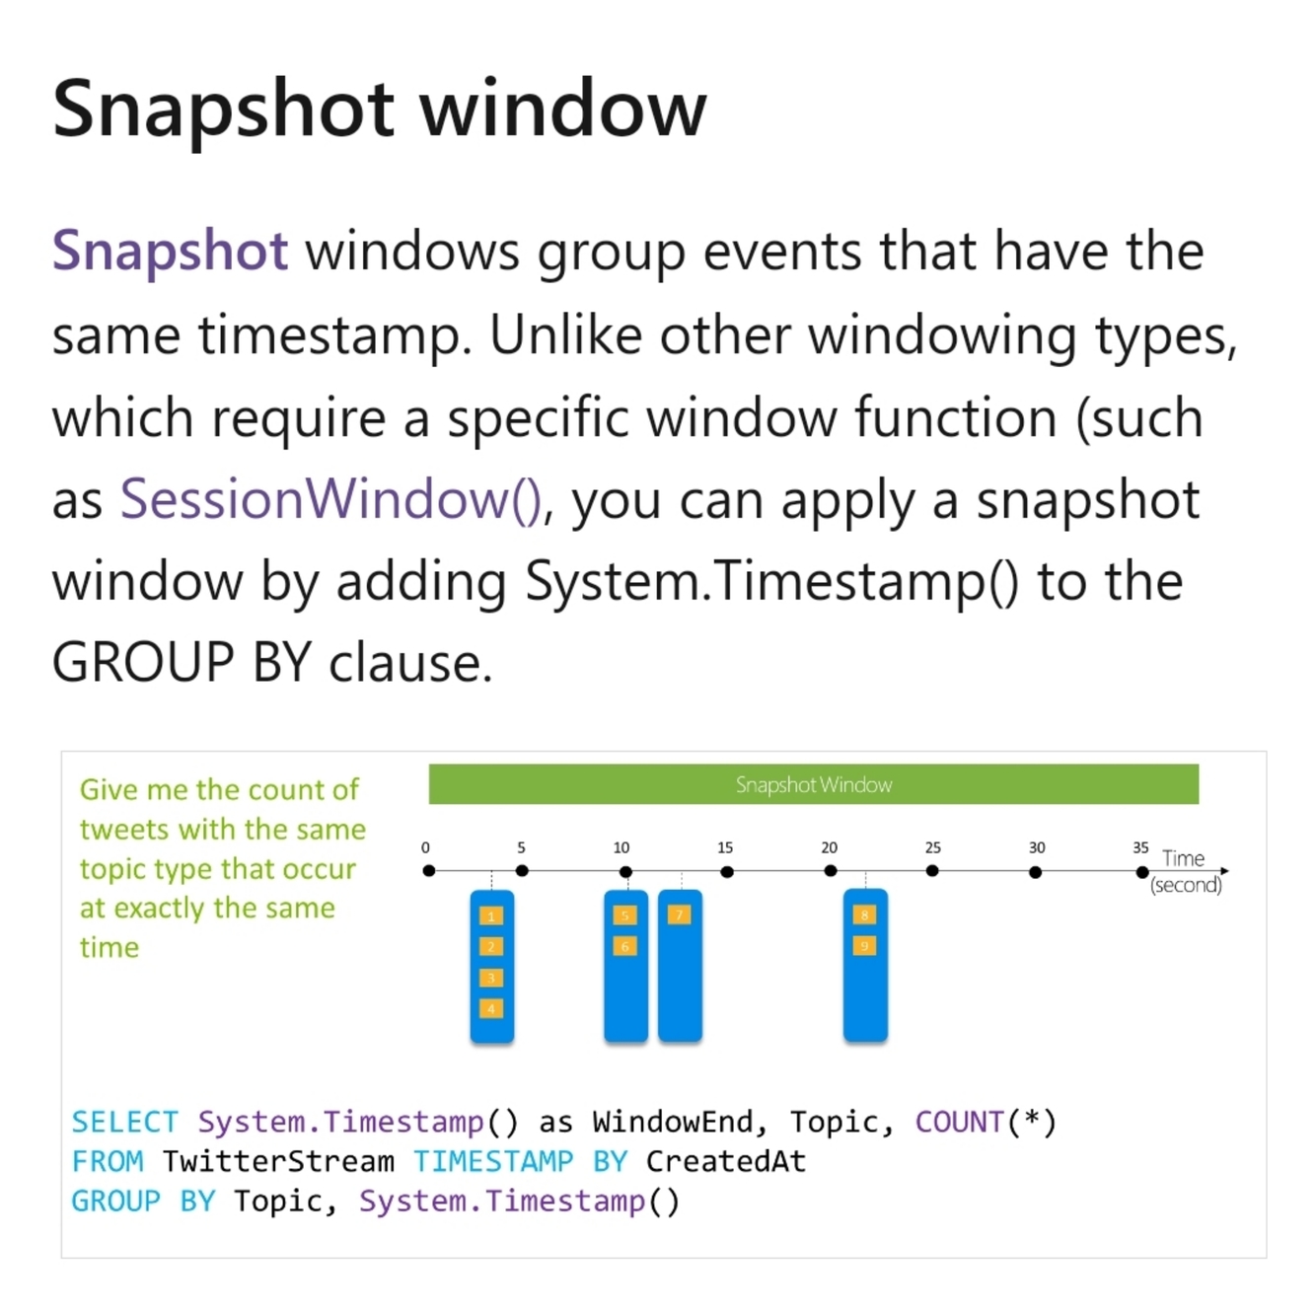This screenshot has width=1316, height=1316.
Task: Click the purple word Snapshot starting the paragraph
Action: pyautogui.click(x=170, y=251)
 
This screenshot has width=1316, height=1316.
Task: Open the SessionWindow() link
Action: pyautogui.click(x=330, y=499)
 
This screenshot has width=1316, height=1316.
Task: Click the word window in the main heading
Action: pyautogui.click(x=563, y=109)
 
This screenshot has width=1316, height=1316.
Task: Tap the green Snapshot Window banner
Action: pyautogui.click(x=813, y=784)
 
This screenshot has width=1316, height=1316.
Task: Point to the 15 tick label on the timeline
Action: pyautogui.click(x=725, y=847)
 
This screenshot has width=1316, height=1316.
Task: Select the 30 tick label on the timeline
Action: pyautogui.click(x=1037, y=847)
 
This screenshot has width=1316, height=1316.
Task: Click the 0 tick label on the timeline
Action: pyautogui.click(x=425, y=847)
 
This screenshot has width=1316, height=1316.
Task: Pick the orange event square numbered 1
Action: pyautogui.click(x=491, y=916)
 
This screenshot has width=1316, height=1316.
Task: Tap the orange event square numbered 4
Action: pyautogui.click(x=491, y=1008)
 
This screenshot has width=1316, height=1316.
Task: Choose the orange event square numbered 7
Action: pyautogui.click(x=679, y=915)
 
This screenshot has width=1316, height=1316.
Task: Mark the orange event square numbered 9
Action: pyautogui.click(x=864, y=946)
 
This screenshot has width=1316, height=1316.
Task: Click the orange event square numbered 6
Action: pyautogui.click(x=624, y=946)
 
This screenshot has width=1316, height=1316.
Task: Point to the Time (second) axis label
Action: pyautogui.click(x=1185, y=871)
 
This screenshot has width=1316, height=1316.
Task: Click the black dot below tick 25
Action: pyautogui.click(x=932, y=871)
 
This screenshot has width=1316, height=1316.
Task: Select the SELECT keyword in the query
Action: pyautogui.click(x=124, y=1122)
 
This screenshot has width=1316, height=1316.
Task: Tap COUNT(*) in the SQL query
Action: pyautogui.click(x=986, y=1122)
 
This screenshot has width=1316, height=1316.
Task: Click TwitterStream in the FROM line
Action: pyautogui.click(x=278, y=1161)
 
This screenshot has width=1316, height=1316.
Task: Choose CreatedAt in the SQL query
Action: pyautogui.click(x=726, y=1161)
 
